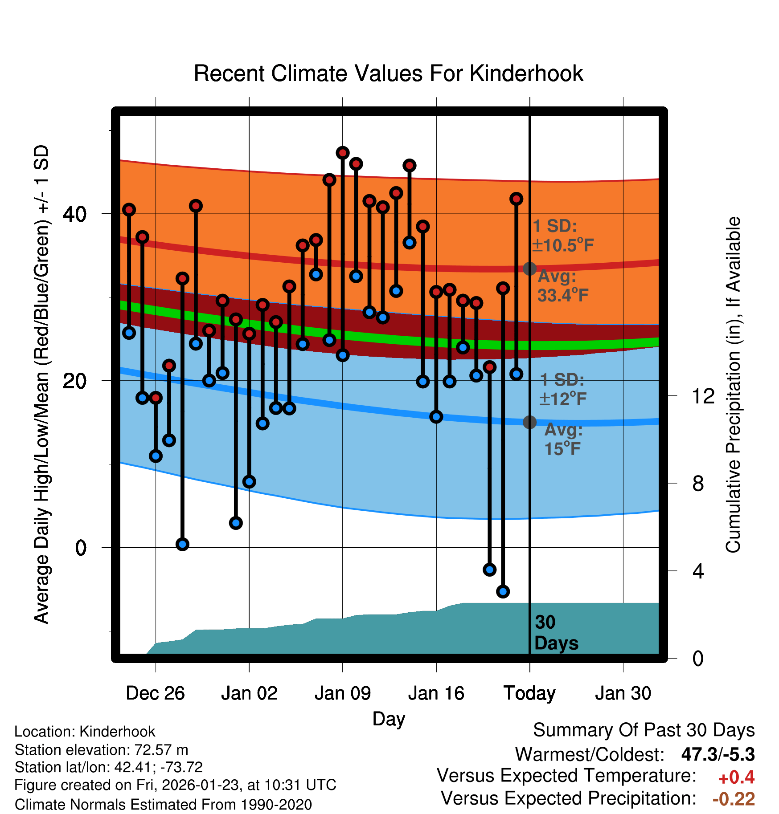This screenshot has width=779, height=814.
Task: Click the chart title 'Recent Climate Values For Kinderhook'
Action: coord(388,73)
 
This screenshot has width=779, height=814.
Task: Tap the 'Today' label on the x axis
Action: coord(529,693)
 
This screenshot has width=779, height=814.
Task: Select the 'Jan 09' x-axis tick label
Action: coord(342,693)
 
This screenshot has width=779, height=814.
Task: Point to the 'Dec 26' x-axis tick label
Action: coord(155,693)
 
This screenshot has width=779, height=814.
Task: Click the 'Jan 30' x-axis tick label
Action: coord(623,693)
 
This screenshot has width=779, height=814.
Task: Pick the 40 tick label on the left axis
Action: coord(75,214)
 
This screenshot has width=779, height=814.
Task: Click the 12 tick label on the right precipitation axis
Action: coord(703,396)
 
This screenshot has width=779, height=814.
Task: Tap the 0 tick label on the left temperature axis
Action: coord(81,548)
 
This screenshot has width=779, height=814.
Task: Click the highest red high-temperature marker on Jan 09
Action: coord(342,153)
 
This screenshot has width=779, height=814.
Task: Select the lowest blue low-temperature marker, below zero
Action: coord(503,591)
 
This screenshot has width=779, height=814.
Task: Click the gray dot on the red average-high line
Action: coord(529,269)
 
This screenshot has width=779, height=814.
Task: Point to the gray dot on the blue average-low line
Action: coord(529,422)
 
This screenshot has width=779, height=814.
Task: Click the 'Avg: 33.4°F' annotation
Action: coord(562,286)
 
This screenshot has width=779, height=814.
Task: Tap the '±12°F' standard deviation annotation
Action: coord(562,399)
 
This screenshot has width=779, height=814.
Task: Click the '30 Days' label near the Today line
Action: coord(555,633)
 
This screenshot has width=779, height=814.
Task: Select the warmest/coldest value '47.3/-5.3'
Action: coord(717,754)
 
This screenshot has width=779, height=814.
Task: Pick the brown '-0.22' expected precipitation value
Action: coord(734,799)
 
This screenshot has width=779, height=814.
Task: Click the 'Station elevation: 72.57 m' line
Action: coord(101,750)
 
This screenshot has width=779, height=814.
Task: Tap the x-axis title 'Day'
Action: coord(389,719)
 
